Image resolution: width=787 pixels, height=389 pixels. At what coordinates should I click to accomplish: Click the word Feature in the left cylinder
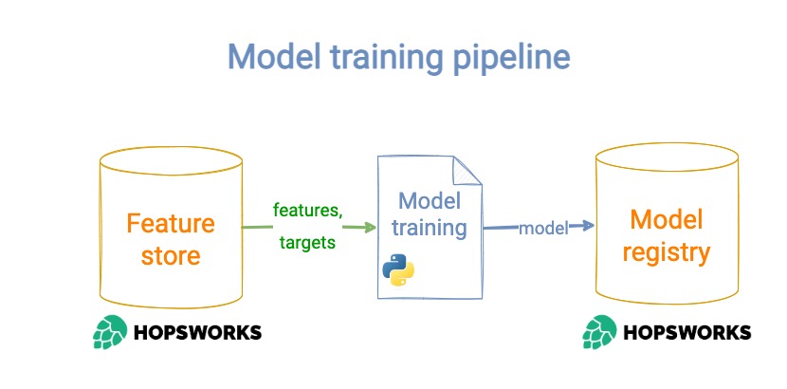click(x=171, y=225)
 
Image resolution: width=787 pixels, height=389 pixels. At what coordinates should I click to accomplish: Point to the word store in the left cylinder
click(x=171, y=256)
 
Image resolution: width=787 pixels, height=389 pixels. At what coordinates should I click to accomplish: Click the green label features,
click(x=307, y=209)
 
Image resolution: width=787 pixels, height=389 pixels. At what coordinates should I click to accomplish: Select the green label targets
click(x=307, y=242)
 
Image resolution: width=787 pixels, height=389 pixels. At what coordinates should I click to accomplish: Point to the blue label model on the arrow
click(x=542, y=228)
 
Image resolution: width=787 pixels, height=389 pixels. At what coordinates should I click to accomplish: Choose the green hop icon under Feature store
click(x=110, y=333)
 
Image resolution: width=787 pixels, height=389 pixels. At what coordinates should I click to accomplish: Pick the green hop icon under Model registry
click(x=599, y=332)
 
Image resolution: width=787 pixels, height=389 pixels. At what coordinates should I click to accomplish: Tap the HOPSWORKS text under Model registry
click(x=686, y=332)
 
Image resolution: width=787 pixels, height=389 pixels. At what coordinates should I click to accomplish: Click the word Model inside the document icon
click(x=429, y=200)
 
